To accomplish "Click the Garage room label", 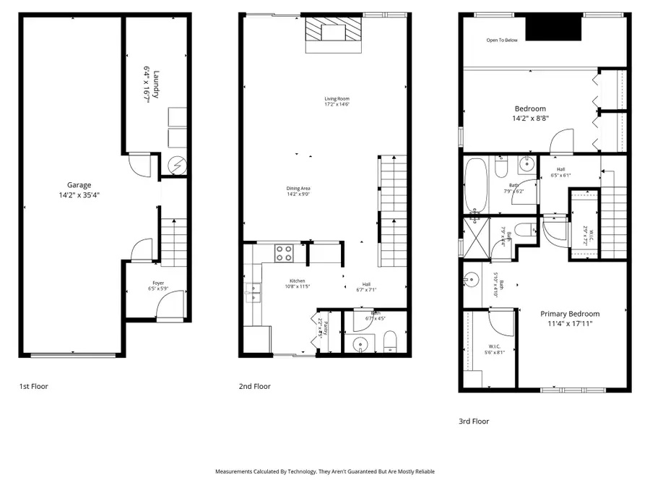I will coord(79,185).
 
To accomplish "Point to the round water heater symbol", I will coord(178,165).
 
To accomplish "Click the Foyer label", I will coord(157,283).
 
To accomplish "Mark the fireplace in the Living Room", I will coord(333,33).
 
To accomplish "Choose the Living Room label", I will coord(337,98).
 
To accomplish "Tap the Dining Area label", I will coord(298,189).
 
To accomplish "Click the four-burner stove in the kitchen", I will coord(283,252).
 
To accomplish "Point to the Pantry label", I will coord(326,329).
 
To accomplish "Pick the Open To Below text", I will coord(502,40).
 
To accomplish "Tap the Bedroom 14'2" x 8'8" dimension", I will coord(530,119).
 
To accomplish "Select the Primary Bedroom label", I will coord(571,314).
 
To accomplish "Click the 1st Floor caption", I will coord(34,387).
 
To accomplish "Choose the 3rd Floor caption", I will coord(474,421).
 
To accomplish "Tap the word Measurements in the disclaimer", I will coord(235,471).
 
